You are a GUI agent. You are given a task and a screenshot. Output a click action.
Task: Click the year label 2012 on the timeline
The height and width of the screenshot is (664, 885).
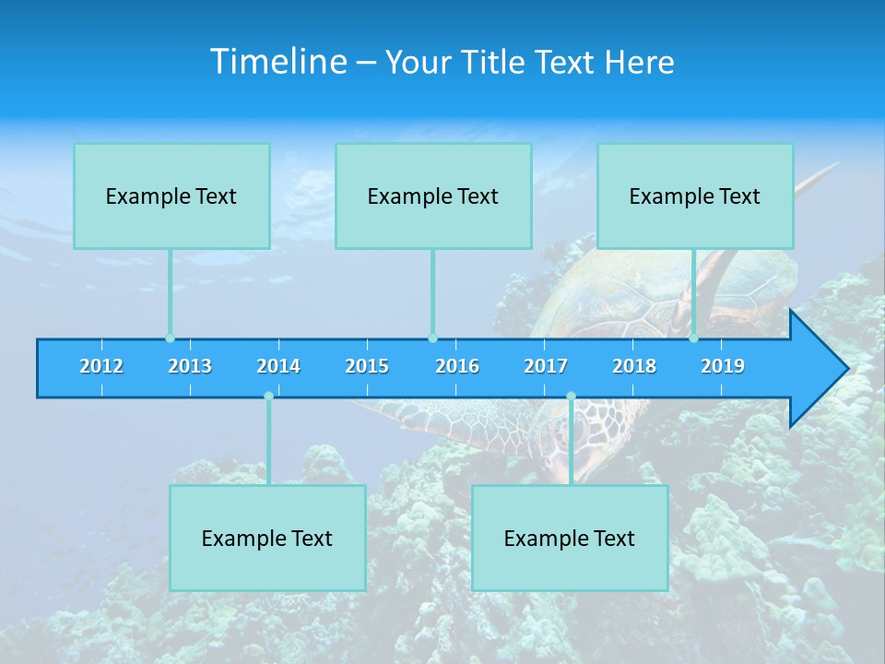click(101, 366)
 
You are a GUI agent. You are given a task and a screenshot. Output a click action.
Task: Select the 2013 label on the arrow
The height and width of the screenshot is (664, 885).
click(190, 366)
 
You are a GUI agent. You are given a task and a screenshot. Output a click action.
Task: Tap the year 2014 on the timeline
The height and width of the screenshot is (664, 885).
click(278, 366)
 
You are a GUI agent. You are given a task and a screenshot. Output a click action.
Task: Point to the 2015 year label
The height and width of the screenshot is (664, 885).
click(367, 366)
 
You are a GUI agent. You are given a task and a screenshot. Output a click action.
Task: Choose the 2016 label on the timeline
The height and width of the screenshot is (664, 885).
click(457, 366)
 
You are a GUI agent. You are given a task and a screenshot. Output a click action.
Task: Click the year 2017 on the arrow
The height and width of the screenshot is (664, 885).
click(546, 366)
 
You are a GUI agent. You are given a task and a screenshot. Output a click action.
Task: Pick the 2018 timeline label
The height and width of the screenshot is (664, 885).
click(634, 366)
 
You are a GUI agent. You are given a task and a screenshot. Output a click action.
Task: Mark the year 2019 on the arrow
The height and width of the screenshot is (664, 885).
click(723, 366)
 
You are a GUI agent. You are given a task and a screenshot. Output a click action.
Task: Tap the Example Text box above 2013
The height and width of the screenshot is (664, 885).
click(171, 196)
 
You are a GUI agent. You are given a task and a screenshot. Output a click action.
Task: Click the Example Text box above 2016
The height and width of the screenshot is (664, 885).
click(433, 196)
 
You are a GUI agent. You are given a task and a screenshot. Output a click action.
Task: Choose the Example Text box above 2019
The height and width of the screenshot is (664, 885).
click(695, 196)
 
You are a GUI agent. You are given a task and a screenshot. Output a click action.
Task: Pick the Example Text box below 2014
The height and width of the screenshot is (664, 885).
click(267, 539)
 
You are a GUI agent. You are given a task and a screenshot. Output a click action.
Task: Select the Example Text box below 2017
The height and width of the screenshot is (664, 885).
click(570, 539)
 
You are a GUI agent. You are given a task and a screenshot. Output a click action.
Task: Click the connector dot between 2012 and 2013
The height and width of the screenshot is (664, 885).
click(170, 338)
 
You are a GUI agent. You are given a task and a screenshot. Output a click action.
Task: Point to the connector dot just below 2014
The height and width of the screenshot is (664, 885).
click(268, 397)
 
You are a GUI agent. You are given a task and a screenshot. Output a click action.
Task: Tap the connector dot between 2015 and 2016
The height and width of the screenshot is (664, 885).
click(432, 338)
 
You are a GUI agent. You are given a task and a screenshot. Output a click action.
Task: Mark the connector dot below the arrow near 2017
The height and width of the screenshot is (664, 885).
click(571, 397)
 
